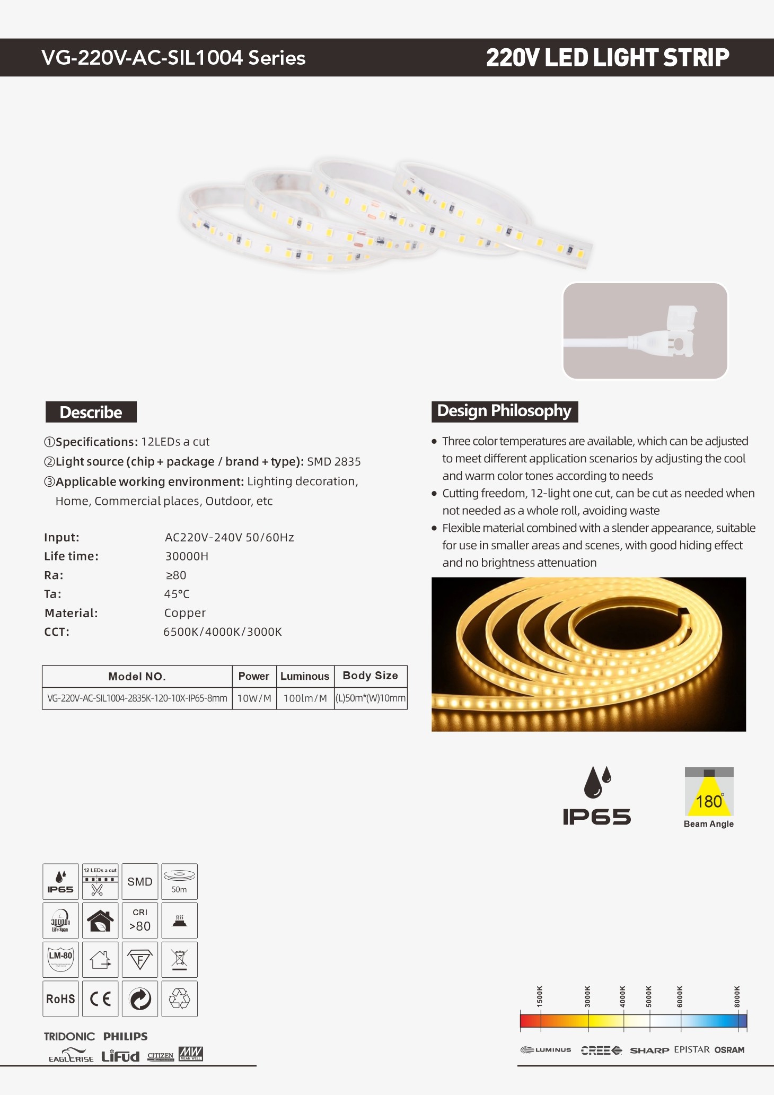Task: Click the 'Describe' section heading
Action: pos(91,412)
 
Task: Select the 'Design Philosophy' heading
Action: pos(504,411)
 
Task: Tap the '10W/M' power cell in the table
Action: pos(254,698)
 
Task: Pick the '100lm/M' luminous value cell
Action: pos(305,698)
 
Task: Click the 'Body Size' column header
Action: pos(370,676)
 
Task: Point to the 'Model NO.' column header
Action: pos(137,676)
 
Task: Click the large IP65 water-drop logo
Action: pos(596,796)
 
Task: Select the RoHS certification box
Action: pos(60,998)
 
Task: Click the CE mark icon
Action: pos(100,998)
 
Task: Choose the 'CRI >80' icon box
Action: pos(140,920)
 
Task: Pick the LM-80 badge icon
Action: pos(60,959)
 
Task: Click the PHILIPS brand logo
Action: pos(125,1036)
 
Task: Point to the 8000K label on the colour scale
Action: pos(737,996)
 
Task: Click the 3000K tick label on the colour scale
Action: pos(587,996)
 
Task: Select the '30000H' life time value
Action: pos(187,556)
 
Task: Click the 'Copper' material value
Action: pos(184,613)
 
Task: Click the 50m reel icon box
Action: pos(179,881)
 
